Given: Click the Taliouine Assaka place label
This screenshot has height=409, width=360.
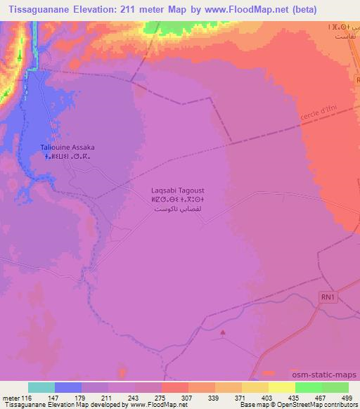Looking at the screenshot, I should (67, 148).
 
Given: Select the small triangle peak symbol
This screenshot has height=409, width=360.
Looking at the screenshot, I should (224, 333).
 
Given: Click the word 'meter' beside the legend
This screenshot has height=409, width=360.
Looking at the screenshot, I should (11, 397).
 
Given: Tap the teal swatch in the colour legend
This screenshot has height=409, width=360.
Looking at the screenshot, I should (41, 387).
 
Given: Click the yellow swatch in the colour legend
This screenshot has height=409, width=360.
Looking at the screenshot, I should (281, 387).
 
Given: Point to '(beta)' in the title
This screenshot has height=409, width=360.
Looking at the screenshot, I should (301, 10).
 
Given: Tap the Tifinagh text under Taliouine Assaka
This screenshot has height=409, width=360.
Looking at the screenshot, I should (67, 157).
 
